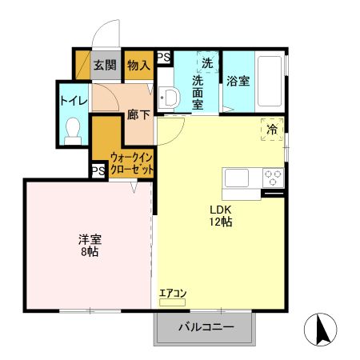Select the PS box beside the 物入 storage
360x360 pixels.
(163, 57)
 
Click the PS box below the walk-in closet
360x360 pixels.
(98, 170)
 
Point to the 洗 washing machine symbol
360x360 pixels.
(206, 62)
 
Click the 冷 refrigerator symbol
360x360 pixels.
(272, 128)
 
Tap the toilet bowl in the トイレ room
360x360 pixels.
(74, 129)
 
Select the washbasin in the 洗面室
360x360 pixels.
(169, 98)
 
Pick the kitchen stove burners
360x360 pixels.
(273, 177)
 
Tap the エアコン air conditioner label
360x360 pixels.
(172, 294)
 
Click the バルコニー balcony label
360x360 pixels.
(205, 326)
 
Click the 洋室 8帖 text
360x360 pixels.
(89, 246)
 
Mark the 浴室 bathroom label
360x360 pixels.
(238, 81)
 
